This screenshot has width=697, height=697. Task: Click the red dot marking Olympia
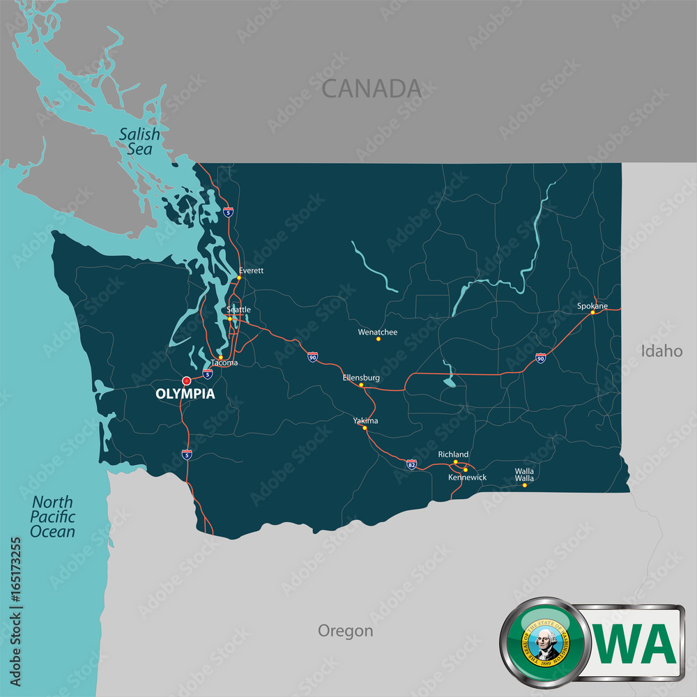click(x=186, y=381)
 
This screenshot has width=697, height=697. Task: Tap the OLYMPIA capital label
click(x=185, y=394)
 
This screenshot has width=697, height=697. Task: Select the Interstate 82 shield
click(x=412, y=464)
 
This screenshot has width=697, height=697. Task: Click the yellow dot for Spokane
click(x=593, y=312)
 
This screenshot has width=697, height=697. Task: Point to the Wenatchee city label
click(x=378, y=332)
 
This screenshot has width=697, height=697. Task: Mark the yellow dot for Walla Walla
click(x=525, y=485)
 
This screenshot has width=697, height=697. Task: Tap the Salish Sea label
click(x=139, y=141)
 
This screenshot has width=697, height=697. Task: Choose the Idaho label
click(x=661, y=351)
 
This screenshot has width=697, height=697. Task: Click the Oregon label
click(x=345, y=631)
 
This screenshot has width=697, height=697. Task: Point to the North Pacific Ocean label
click(x=52, y=516)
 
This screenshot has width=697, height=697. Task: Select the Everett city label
click(x=251, y=270)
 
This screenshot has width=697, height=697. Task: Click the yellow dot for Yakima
click(x=365, y=428)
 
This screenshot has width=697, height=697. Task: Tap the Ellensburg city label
click(x=361, y=378)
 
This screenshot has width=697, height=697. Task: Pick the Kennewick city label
click(x=468, y=477)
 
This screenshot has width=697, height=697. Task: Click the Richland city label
click(x=453, y=454)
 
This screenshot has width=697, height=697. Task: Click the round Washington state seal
click(x=544, y=641)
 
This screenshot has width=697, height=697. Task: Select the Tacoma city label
click(x=224, y=363)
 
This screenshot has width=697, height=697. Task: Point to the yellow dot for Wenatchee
click(x=378, y=339)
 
